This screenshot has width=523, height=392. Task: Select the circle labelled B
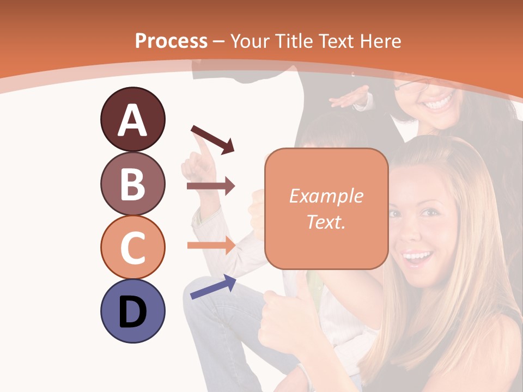click(x=132, y=183)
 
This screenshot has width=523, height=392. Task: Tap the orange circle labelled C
click(x=132, y=247)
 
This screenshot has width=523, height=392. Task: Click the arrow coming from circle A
click(x=212, y=139)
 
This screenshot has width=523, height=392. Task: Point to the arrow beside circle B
click(x=210, y=186)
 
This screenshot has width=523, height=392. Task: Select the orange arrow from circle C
click(x=210, y=245)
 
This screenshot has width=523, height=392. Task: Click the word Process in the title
click(x=171, y=41)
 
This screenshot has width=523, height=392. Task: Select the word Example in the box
click(x=326, y=196)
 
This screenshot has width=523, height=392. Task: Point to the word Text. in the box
click(x=326, y=222)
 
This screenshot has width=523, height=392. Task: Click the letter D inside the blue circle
click(x=132, y=313)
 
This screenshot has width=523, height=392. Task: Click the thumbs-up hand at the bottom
click(x=283, y=321)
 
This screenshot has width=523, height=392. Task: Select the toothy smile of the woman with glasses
click(x=439, y=102)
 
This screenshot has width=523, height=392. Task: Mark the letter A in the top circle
click(x=132, y=120)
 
